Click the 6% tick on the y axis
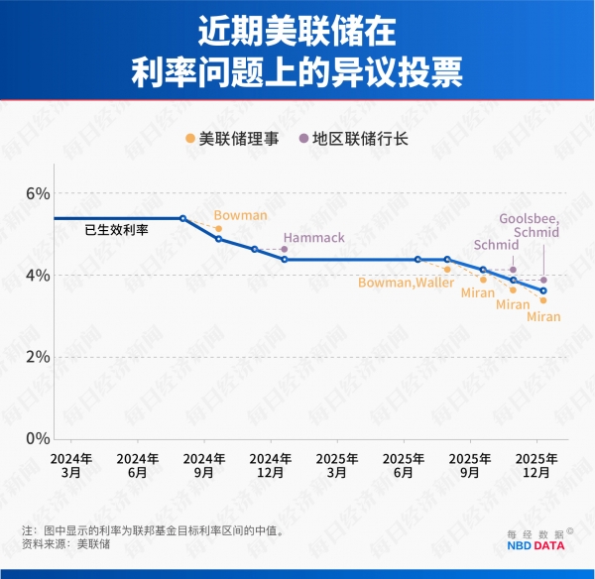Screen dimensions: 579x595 pos(37,193)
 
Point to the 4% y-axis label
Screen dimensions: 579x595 pos(37,275)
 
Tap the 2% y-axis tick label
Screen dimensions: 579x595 pos(37,356)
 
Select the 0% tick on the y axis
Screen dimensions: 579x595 pos(37,438)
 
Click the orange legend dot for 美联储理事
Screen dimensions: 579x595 pos(189,139)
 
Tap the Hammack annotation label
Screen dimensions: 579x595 pos(312,238)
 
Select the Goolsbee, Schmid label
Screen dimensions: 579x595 pos(529,225)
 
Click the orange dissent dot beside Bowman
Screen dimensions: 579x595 pos(218,229)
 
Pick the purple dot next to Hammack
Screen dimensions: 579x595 pos(284,249)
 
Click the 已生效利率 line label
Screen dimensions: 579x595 pos(116,230)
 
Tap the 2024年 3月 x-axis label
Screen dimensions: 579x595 pos(71,465)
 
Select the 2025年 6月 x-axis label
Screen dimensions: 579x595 pos(404,465)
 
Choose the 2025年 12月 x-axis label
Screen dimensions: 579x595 pos(536,465)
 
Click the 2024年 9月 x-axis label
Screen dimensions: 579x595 pos(204,465)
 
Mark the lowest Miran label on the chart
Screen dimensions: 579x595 pos(543,317)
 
